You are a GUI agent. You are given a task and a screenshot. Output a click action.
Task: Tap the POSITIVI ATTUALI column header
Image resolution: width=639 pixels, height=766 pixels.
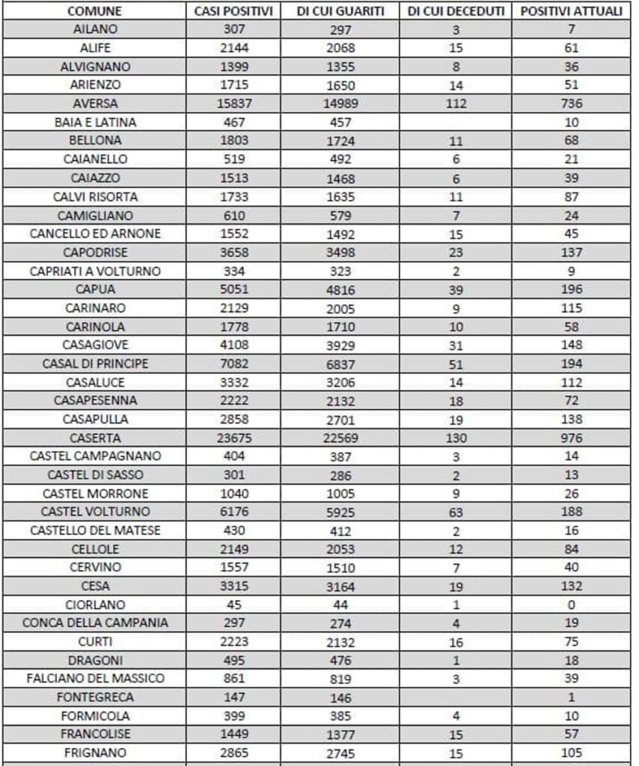click(572, 13)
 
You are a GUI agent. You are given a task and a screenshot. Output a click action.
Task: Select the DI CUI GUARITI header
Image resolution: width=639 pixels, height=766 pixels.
click(340, 13)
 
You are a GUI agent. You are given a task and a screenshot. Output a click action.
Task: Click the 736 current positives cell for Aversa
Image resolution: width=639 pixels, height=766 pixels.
click(572, 103)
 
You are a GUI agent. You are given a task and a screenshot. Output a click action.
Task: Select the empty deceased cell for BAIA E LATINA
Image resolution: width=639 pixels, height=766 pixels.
click(456, 122)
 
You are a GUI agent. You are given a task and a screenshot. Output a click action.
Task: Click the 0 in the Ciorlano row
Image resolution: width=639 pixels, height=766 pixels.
click(572, 604)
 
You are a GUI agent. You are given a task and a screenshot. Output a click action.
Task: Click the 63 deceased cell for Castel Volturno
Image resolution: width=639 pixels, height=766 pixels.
click(456, 512)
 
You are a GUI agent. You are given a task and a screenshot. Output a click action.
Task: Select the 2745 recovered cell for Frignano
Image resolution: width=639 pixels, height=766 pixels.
click(340, 753)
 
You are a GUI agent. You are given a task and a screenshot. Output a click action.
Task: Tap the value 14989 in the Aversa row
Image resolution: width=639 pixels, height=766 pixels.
click(340, 104)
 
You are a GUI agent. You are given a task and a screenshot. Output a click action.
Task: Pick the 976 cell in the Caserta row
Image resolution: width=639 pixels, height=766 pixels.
click(572, 438)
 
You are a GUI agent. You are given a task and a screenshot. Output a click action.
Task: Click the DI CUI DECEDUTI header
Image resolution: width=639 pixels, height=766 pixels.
click(456, 13)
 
